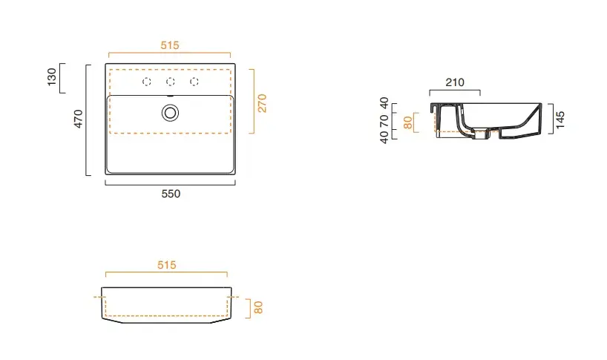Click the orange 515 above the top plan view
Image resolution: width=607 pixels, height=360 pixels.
[x=170, y=45]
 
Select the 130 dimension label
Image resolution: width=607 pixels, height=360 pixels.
[x=51, y=77]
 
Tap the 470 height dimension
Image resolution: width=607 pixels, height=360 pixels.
[x=78, y=119]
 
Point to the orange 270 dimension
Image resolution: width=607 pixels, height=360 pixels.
[x=262, y=103]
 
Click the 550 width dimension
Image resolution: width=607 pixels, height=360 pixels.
[x=171, y=194]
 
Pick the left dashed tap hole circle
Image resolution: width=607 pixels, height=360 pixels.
[x=147, y=82]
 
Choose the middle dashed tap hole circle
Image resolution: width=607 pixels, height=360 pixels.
[x=171, y=82]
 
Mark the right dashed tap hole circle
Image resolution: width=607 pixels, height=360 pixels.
[x=194, y=82]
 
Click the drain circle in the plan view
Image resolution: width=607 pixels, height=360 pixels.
[x=170, y=113]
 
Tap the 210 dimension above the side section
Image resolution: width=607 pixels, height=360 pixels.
[x=455, y=82]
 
